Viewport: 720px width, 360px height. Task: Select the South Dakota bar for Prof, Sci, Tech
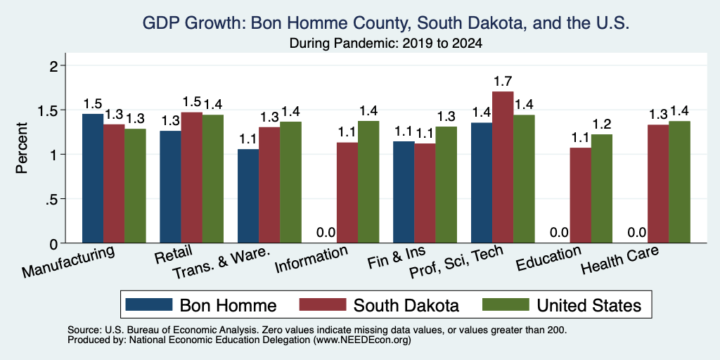coord(503,167)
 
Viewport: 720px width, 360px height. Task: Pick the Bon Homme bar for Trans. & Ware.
coord(248,196)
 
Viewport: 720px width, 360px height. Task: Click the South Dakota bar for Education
coord(580,195)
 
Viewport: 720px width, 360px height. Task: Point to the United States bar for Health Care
coord(680,182)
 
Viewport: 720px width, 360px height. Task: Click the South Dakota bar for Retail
coord(191,178)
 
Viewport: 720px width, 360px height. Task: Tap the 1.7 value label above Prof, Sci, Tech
coord(503,82)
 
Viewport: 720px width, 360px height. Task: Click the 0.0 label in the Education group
coord(559,232)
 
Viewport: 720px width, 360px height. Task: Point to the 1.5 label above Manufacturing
coord(93,103)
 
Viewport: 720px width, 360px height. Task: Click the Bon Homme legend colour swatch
coord(148,304)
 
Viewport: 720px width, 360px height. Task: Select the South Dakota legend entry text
coord(406,305)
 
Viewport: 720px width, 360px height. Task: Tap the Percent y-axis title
coord(22,148)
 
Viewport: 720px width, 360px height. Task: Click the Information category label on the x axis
coord(311,259)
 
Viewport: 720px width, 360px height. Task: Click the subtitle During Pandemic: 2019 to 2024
coord(386,44)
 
